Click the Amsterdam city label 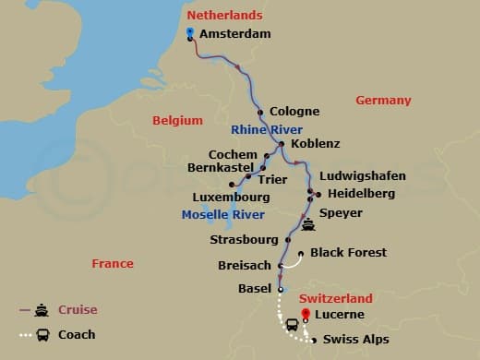point(234,33)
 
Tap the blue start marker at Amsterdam point(189,32)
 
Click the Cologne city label point(294,112)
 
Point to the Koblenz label point(315,144)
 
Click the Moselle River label point(222,215)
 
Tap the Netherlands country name point(224,16)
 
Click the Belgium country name point(176,120)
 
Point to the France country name point(113,264)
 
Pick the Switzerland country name point(336,298)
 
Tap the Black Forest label point(348,252)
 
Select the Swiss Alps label point(355,340)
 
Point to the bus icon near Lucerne point(292,324)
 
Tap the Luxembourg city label point(231,197)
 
